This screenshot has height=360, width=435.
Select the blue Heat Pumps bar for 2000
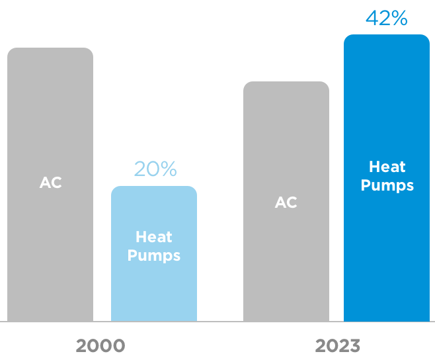(x=154, y=291)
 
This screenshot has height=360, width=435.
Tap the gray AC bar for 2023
(x=286, y=265)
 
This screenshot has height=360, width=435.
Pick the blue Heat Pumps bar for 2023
(x=387, y=251)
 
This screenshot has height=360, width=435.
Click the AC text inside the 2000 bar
(x=50, y=183)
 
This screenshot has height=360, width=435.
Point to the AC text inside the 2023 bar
(x=286, y=202)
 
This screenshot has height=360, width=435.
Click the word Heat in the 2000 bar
(x=154, y=236)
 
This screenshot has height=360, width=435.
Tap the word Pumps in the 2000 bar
(x=154, y=255)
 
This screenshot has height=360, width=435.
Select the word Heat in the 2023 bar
(x=387, y=167)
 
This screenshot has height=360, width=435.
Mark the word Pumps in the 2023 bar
(x=387, y=185)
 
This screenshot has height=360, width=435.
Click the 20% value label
(x=155, y=169)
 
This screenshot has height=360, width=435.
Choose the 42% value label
(x=386, y=18)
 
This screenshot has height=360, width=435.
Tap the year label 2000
(x=100, y=345)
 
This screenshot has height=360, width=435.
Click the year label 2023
(x=337, y=345)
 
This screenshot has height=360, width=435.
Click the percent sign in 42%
(x=399, y=18)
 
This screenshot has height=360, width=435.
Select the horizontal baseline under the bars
(x=217, y=322)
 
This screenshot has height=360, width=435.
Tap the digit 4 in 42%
(x=372, y=18)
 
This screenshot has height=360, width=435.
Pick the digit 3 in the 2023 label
(x=354, y=345)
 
